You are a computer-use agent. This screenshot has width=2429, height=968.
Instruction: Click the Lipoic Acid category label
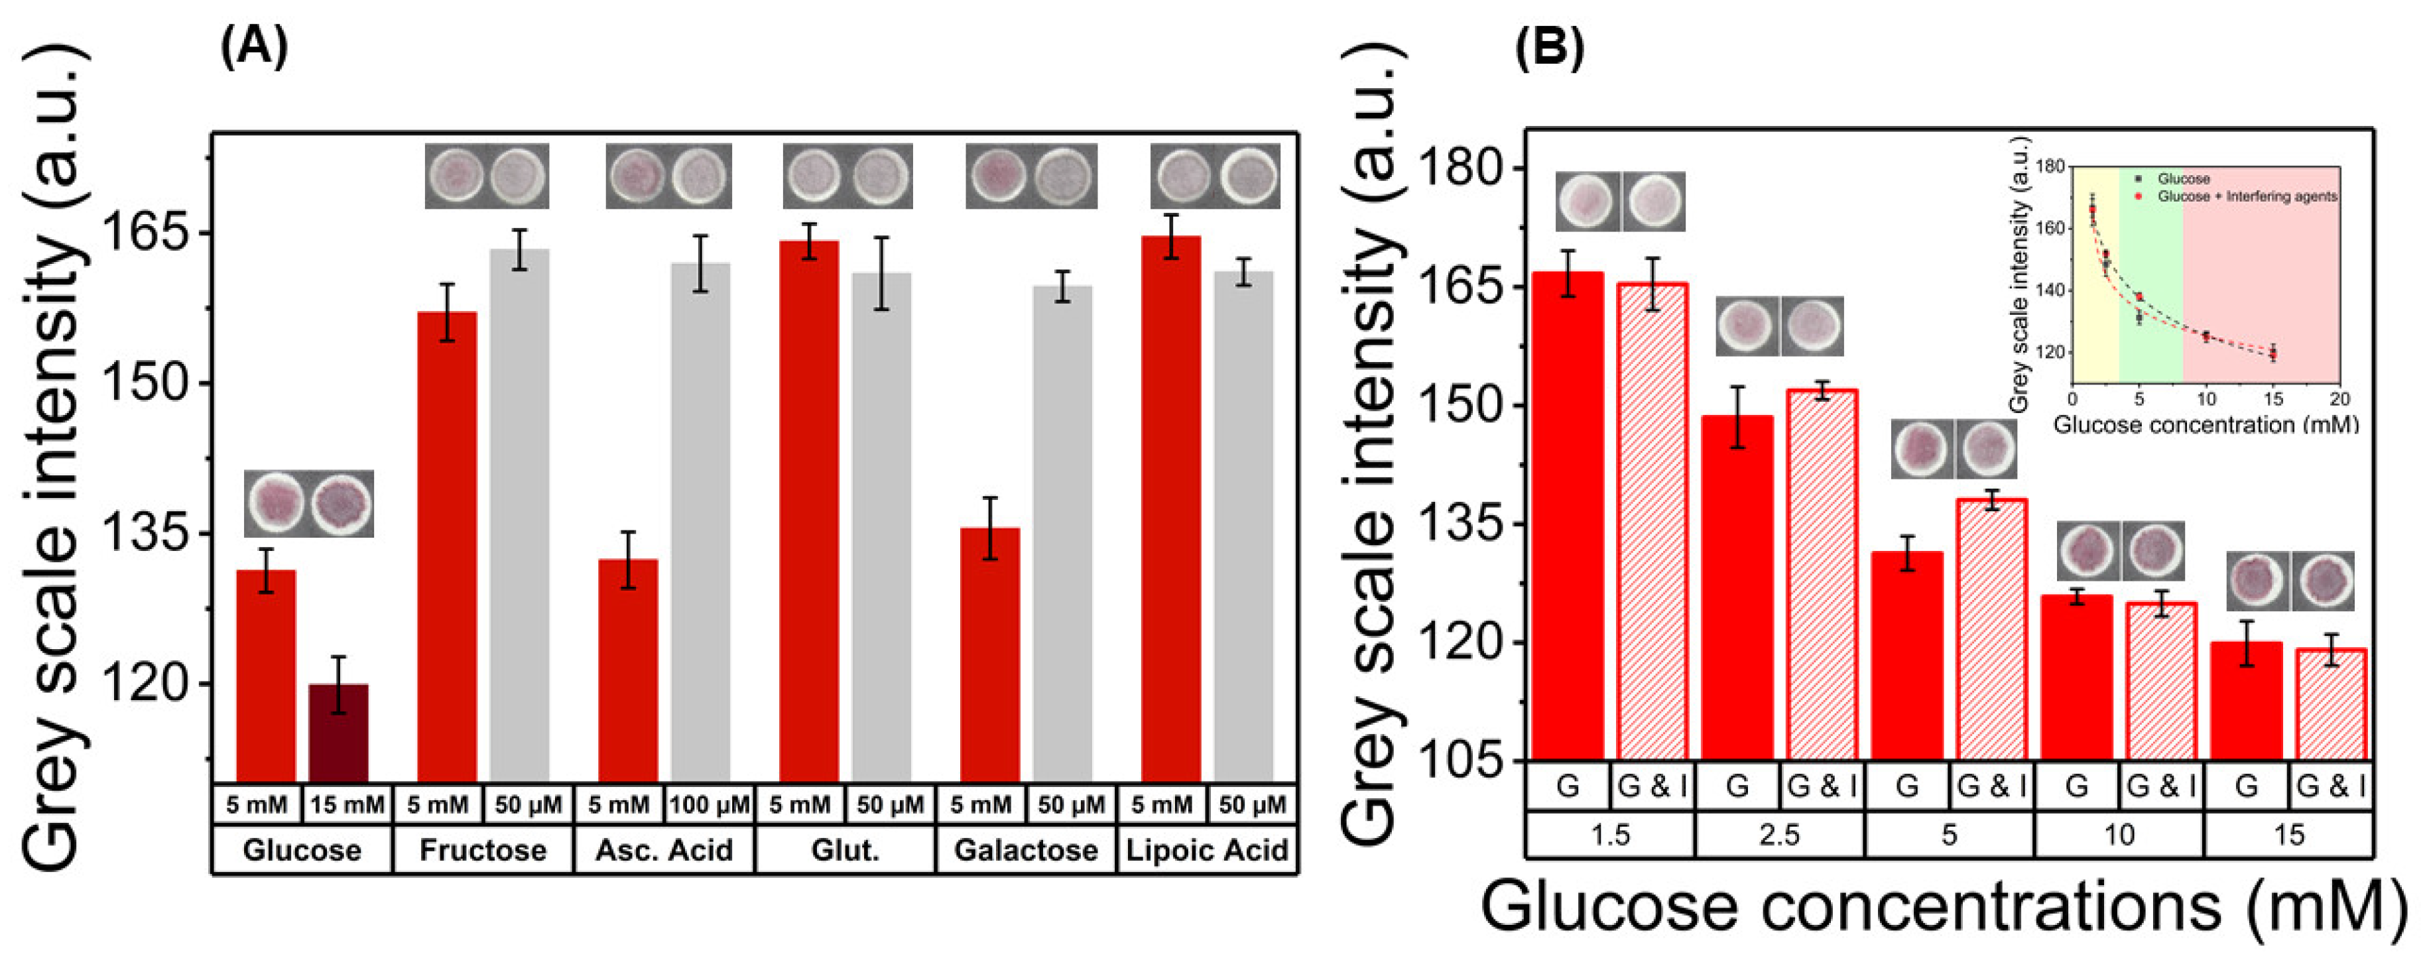pyautogui.click(x=1207, y=850)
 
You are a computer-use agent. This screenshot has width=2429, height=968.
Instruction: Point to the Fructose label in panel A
pyautogui.click(x=483, y=850)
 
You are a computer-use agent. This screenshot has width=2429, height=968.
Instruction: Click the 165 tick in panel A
pyautogui.click(x=151, y=233)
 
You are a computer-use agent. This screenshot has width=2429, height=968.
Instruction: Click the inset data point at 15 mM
pyautogui.click(x=2273, y=353)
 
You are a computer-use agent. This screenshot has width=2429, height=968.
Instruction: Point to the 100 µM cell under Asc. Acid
pyautogui.click(x=709, y=805)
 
